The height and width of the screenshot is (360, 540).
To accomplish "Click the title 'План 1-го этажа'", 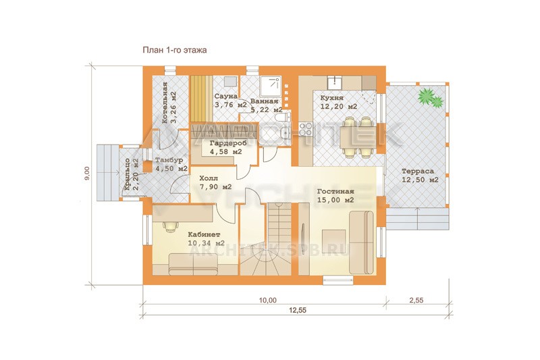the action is (175, 50).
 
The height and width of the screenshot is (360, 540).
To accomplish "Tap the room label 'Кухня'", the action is (331, 98).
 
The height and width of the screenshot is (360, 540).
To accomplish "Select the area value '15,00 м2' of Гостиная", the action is (335, 200).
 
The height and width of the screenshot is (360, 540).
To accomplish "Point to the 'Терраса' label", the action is (418, 171).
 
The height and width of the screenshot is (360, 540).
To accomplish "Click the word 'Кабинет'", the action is (204, 234).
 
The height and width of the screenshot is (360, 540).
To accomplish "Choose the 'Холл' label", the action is (209, 179).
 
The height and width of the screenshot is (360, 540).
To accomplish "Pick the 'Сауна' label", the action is (226, 96).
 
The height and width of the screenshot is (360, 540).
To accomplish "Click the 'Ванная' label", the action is (264, 101).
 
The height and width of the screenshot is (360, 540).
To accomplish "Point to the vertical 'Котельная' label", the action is (165, 103).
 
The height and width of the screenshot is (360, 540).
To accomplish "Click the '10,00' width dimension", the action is (267, 301).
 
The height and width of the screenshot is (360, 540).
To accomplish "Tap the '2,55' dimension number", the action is (416, 301).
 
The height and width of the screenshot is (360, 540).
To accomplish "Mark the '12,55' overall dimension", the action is (298, 311).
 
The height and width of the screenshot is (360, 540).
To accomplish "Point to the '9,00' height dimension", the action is (87, 174).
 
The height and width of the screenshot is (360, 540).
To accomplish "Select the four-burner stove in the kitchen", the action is (306, 130).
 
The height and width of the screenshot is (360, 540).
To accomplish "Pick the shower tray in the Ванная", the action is (271, 86).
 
